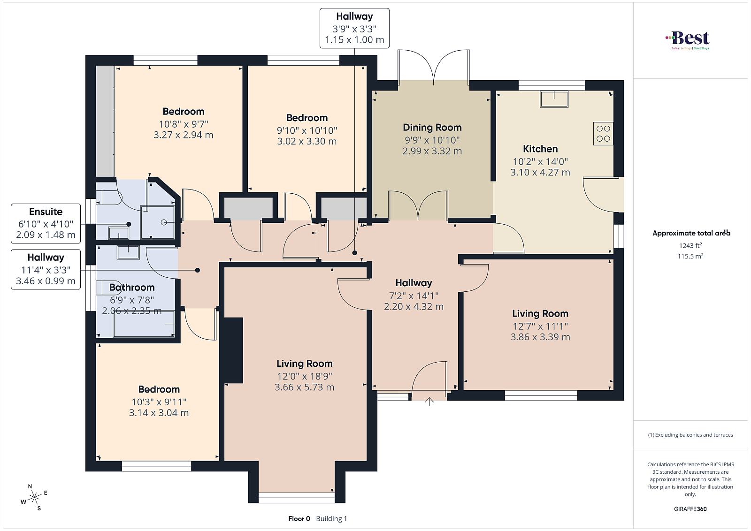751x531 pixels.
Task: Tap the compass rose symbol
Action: [x=34, y=498]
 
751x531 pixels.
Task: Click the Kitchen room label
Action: [x=540, y=149]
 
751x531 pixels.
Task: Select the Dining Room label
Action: [x=432, y=127]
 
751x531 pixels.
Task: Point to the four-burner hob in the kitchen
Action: [x=603, y=133]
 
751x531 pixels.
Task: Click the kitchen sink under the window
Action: [x=554, y=99]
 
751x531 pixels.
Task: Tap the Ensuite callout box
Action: [x=46, y=223]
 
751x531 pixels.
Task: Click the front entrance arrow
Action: [x=429, y=401]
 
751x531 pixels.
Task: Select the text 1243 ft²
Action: [x=690, y=246]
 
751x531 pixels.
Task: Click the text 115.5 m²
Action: [x=690, y=256]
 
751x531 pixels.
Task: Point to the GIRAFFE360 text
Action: [x=690, y=509]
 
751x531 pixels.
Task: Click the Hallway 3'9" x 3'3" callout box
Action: [x=354, y=28]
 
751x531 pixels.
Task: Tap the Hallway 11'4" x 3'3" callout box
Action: [x=46, y=269]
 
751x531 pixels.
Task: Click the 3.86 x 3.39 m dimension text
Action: [x=540, y=337]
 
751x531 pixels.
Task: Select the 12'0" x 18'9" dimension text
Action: [x=305, y=376]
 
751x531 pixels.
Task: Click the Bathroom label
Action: [x=132, y=287]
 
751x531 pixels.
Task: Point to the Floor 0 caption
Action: [x=299, y=519]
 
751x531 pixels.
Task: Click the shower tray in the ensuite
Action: [x=158, y=222]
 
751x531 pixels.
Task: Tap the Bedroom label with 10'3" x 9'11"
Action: [x=159, y=389]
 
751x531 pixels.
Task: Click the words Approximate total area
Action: [x=691, y=233]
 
